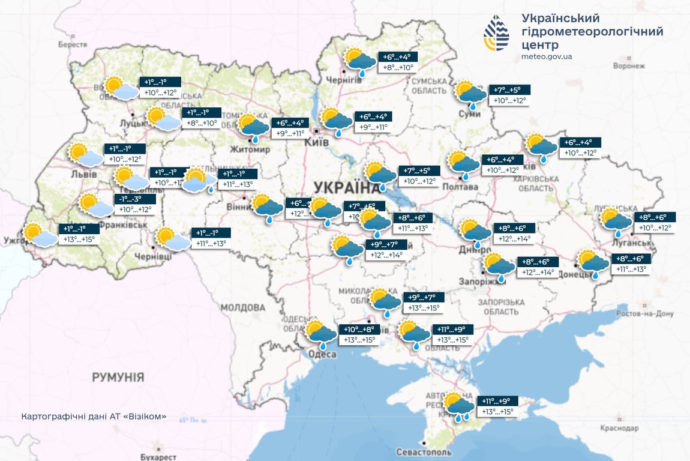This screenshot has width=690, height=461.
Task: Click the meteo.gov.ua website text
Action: (547, 57)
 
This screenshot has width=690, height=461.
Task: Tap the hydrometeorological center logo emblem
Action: (496, 33)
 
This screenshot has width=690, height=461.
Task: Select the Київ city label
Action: (317, 142)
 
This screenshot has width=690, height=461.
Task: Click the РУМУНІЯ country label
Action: (118, 377)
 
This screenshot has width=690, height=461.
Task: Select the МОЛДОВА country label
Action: (243, 307)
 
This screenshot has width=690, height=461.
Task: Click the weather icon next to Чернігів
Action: (358, 61)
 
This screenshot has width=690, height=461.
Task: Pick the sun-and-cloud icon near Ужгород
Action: (39, 235)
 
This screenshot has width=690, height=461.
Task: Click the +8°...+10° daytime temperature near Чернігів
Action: (398, 68)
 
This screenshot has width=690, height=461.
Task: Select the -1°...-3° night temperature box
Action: (135, 199)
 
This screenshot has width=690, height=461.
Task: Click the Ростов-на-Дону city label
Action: (647, 313)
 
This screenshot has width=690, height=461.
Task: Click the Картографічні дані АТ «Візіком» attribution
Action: (93, 417)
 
